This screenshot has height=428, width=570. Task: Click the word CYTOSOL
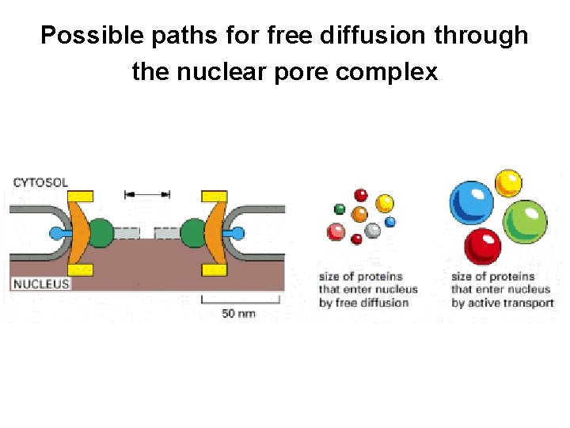(40, 182)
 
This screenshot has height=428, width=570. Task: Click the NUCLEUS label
(40, 283)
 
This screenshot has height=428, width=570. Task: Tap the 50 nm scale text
(238, 314)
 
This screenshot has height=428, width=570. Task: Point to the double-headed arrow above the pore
(148, 193)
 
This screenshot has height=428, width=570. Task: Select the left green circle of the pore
(101, 234)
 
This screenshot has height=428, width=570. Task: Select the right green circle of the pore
(192, 234)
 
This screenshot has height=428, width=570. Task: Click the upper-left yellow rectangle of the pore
(80, 196)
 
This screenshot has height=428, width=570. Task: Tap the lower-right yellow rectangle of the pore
(215, 270)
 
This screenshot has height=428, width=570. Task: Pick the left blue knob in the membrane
(55, 234)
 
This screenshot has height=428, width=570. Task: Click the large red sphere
(482, 246)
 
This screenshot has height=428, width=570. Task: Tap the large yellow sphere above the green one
(508, 182)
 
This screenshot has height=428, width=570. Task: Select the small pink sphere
(336, 231)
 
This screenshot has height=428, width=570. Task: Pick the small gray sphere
(372, 231)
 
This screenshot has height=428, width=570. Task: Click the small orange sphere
(359, 213)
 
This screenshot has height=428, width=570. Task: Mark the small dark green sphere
(340, 209)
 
